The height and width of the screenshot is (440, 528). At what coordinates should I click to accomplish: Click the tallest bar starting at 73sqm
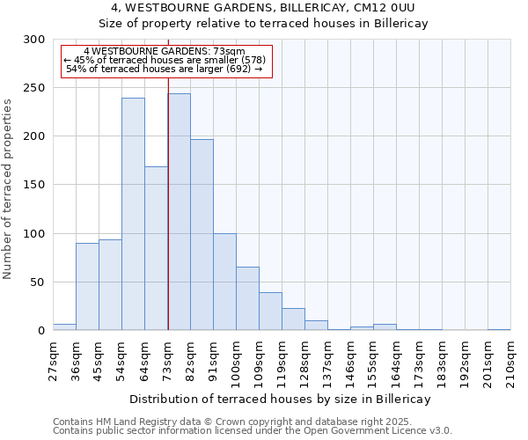click(x=179, y=212)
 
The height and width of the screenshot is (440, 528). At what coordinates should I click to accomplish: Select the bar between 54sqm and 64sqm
click(x=133, y=214)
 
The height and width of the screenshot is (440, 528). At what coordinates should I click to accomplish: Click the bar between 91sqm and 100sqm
click(x=224, y=282)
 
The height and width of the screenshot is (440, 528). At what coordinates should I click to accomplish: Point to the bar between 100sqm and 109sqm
click(x=247, y=298)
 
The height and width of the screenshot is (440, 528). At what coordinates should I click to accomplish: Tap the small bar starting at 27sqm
click(x=64, y=327)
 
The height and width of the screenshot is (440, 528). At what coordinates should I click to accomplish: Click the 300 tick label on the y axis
click(x=33, y=40)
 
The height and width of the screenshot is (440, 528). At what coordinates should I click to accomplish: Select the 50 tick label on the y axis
click(x=37, y=282)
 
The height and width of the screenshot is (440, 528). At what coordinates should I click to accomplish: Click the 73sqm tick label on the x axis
click(x=168, y=358)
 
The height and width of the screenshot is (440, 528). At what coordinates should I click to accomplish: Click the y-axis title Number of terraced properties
click(x=8, y=188)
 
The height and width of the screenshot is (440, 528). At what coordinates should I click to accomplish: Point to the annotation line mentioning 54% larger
click(x=165, y=69)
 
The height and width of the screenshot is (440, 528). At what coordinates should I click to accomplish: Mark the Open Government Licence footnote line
click(x=253, y=431)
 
